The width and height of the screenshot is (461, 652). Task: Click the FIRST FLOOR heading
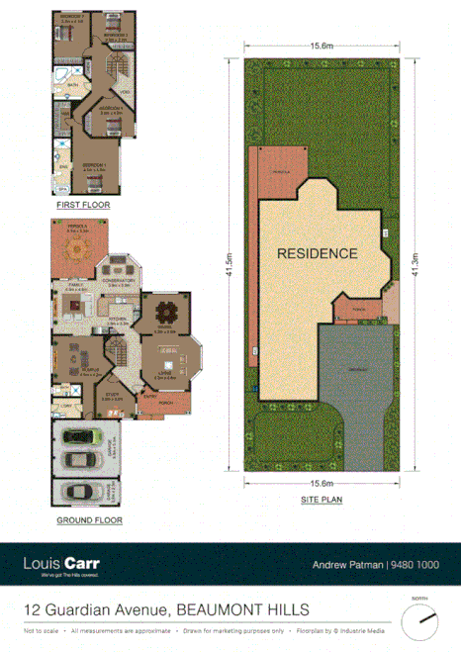point(81,205)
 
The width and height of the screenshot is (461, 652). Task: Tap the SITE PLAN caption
point(323,500)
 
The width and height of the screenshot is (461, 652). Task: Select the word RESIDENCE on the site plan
point(317,253)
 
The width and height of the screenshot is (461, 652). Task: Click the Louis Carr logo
point(61,565)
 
